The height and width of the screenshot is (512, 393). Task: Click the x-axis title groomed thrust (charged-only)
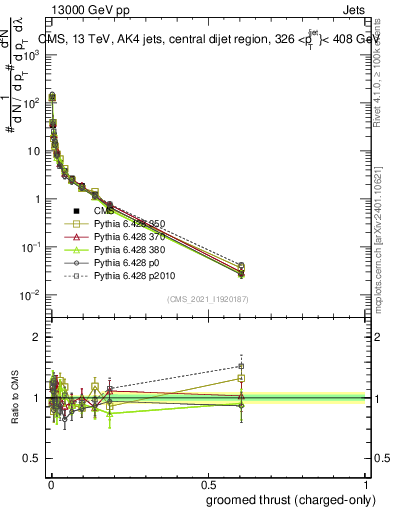click(x=291, y=501)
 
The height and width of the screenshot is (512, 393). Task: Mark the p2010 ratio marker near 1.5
click(x=240, y=366)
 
